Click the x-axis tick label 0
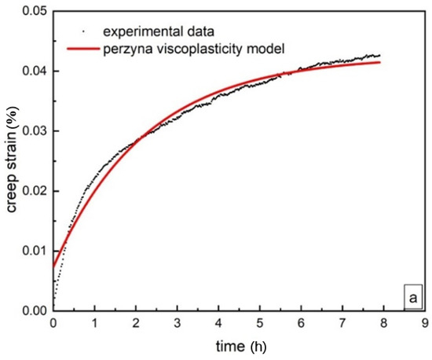pyautogui.click(x=53, y=323)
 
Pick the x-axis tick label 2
pyautogui.click(x=135, y=323)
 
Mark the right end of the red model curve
pyautogui.click(x=380, y=62)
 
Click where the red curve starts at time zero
pyautogui.click(x=53, y=266)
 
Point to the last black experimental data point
pyautogui.click(x=380, y=56)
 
